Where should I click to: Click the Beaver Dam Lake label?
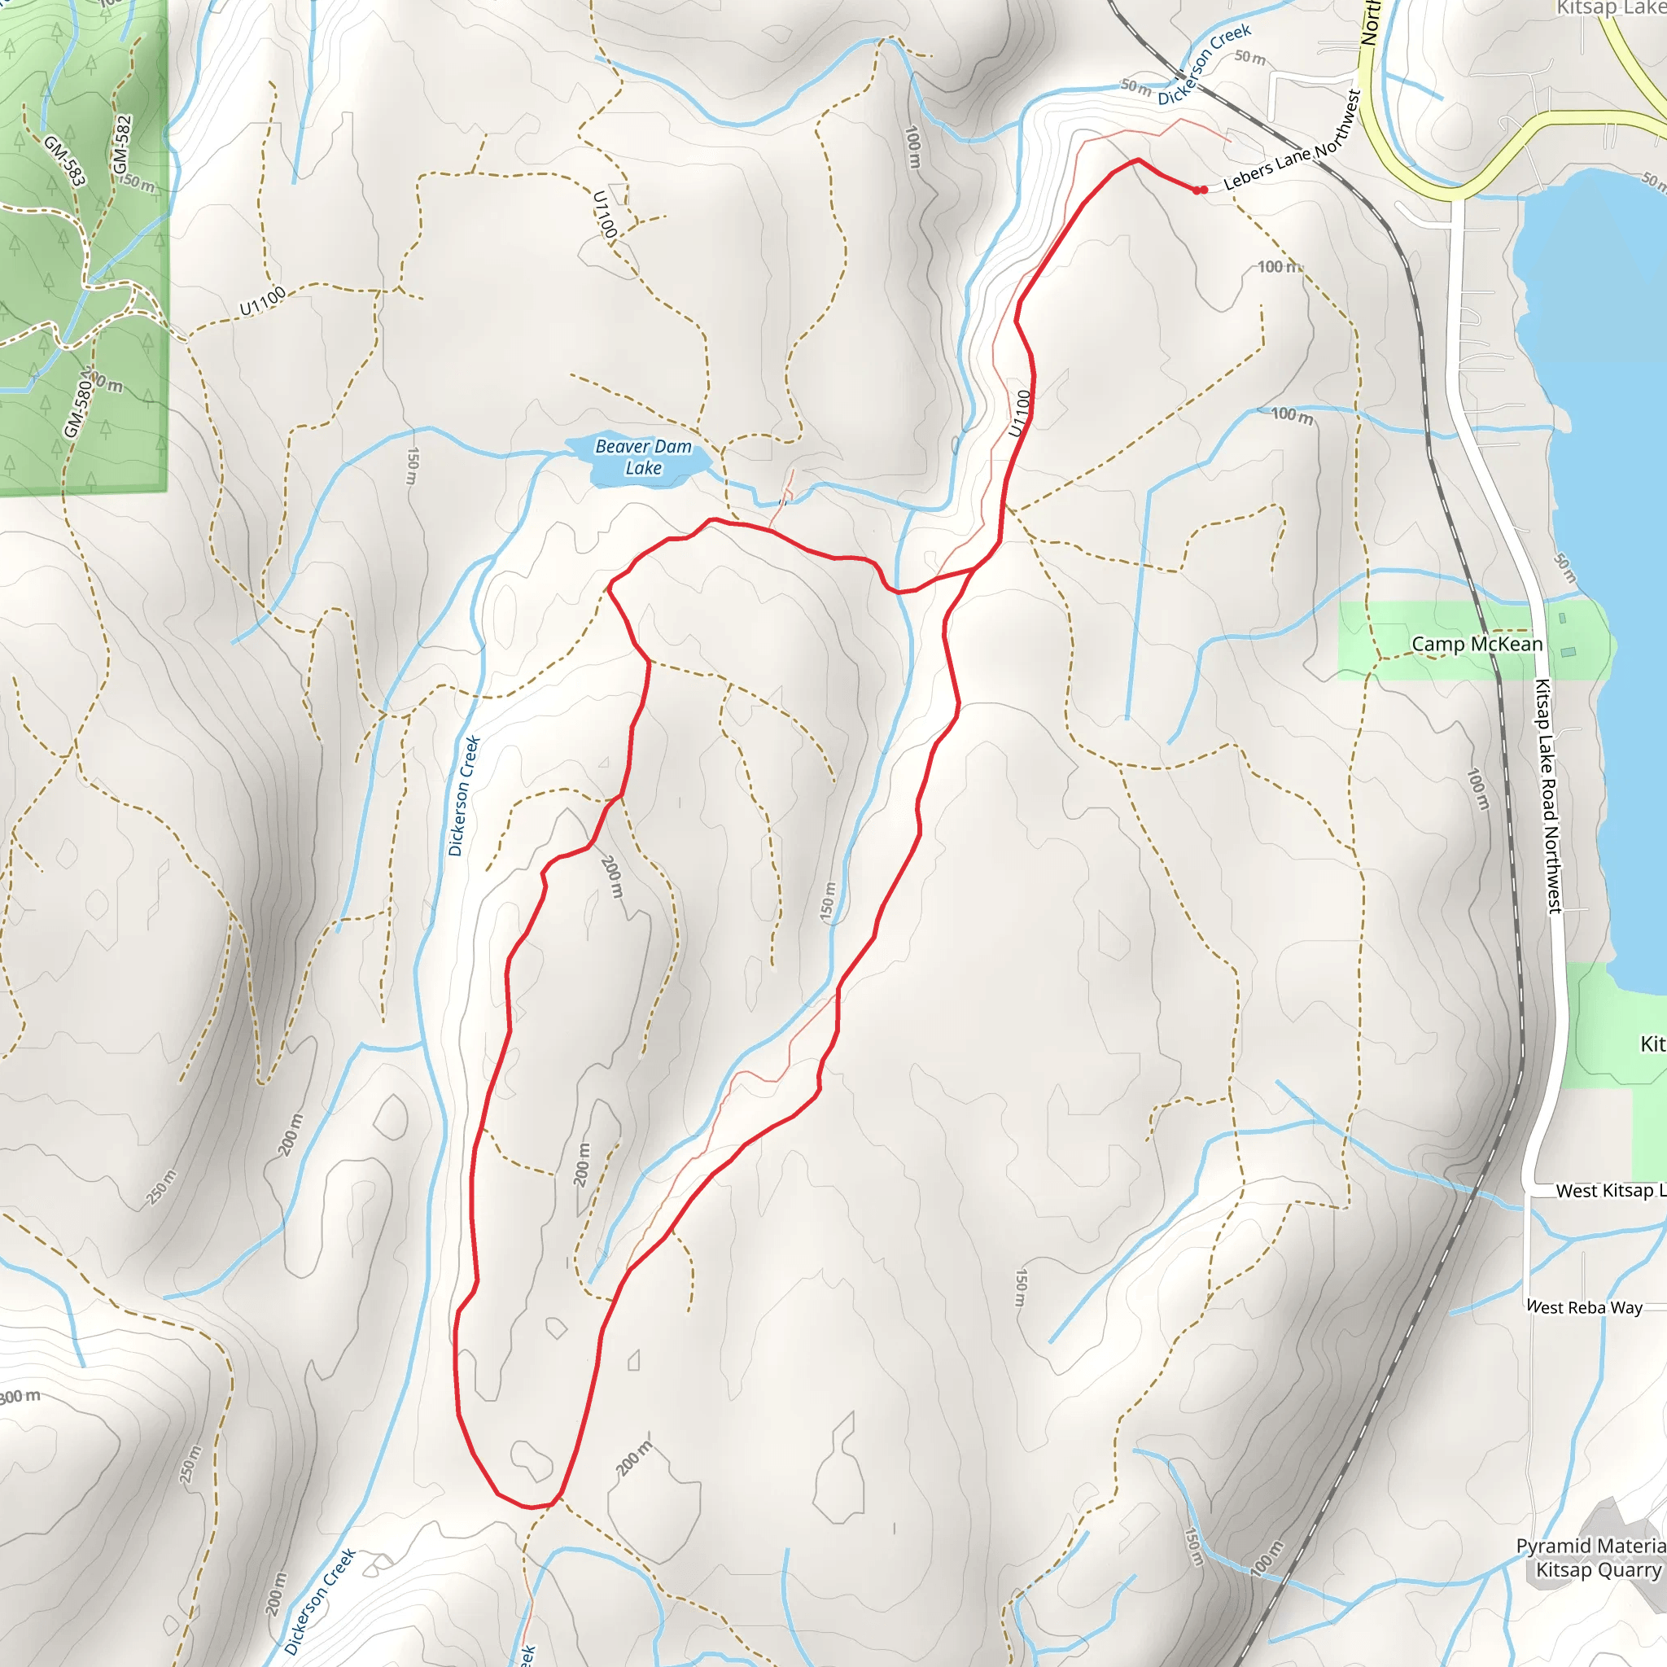(x=644, y=457)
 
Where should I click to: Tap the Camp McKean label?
(x=1477, y=645)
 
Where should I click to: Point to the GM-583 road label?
(x=65, y=160)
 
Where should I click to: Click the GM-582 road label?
(x=121, y=143)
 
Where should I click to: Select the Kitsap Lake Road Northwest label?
(x=1548, y=795)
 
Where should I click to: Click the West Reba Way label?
(x=1584, y=1307)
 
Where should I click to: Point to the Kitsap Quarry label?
(x=1598, y=1569)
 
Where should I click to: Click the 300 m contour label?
(x=19, y=1397)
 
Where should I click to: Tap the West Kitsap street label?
(x=1609, y=1191)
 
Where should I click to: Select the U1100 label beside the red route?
(x=1020, y=413)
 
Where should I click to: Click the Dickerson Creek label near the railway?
(x=1204, y=65)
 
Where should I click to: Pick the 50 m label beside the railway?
(x=1249, y=58)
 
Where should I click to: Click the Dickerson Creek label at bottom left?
(x=320, y=1601)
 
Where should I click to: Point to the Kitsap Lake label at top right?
(x=1610, y=9)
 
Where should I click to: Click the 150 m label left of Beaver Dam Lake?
(x=413, y=466)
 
